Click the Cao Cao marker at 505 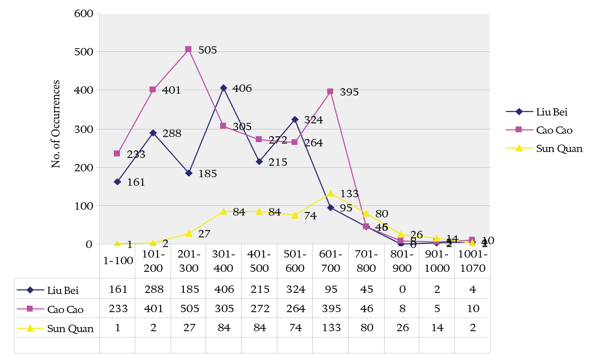[x=188, y=49]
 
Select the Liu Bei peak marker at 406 [x=223, y=88]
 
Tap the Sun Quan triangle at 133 [x=330, y=193]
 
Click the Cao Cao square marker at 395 [x=330, y=91]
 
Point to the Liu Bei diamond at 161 [x=117, y=182]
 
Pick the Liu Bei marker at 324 [x=295, y=119]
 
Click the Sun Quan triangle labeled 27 [x=188, y=233]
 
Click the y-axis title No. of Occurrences [x=56, y=124]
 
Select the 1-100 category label [x=118, y=261]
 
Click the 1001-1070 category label [x=472, y=261]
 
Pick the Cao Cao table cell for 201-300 [x=190, y=309]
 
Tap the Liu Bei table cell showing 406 [x=224, y=289]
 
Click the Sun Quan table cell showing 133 [x=331, y=327]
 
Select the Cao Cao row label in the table [x=65, y=309]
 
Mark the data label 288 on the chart [x=171, y=133]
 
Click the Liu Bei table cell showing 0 [x=402, y=289]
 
